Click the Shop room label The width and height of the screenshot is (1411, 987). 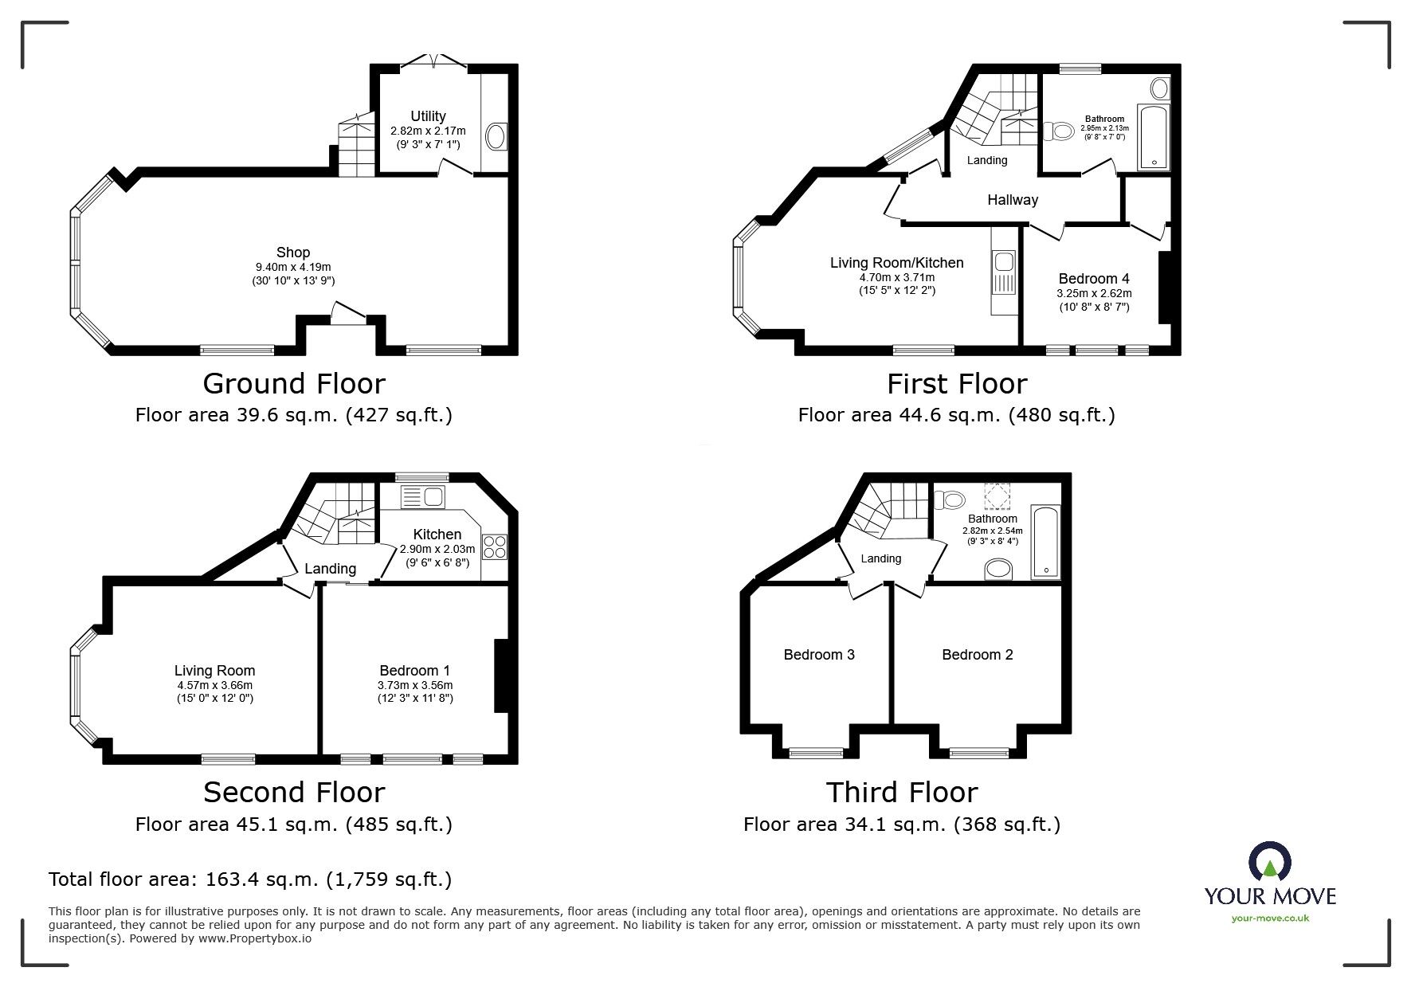point(293,253)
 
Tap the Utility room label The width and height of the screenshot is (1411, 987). point(428,116)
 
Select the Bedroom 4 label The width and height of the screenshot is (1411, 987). point(1094,279)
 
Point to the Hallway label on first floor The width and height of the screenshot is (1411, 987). point(1013,200)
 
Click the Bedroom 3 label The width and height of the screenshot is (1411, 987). point(819,655)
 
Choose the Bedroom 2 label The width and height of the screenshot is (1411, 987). point(978,655)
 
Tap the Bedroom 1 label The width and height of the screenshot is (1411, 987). point(415,671)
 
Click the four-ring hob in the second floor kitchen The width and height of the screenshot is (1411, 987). point(495,545)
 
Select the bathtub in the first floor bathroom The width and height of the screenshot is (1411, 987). point(1154,136)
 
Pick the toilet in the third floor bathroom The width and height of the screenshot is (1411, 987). point(948,499)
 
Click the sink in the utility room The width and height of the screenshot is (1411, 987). point(495,136)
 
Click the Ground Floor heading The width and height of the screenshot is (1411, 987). point(294,384)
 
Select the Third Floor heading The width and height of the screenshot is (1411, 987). point(902,793)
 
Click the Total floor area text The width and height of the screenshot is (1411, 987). point(250,879)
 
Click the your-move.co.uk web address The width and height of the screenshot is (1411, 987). point(1270,918)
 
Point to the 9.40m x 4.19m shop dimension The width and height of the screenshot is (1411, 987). point(293,268)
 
